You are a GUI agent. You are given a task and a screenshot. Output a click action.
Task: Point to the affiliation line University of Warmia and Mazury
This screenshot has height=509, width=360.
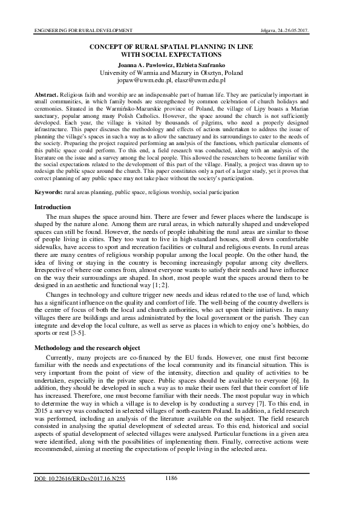click(180, 72)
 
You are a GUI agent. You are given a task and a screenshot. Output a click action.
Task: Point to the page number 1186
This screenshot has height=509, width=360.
click(171, 478)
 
